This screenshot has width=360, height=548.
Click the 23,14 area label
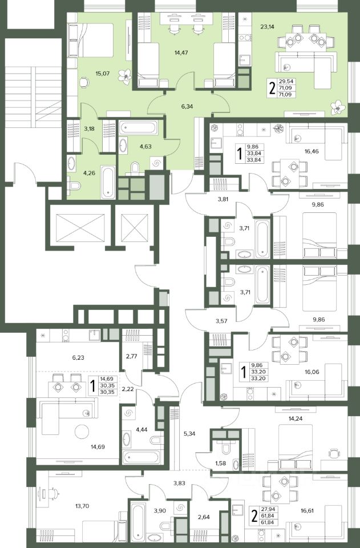click(x=267, y=26)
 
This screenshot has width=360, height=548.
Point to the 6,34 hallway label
click(x=187, y=106)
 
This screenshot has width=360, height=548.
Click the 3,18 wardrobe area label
click(x=89, y=128)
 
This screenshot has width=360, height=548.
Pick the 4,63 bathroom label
click(x=145, y=147)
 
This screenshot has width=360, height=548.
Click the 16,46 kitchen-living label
click(x=312, y=152)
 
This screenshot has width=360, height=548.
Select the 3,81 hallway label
click(x=223, y=200)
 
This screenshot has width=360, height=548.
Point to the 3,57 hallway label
click(x=221, y=320)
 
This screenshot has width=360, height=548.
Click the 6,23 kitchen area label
click(x=78, y=357)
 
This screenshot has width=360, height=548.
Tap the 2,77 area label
click(x=131, y=356)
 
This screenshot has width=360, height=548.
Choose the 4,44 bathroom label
click(x=141, y=429)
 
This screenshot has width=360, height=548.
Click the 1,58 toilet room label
click(x=220, y=464)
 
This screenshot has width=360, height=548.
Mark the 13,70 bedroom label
click(x=82, y=505)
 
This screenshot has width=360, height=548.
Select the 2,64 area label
click(x=204, y=517)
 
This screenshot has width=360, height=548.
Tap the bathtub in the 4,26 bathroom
click(x=108, y=183)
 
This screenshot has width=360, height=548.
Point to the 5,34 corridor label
click(x=189, y=434)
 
